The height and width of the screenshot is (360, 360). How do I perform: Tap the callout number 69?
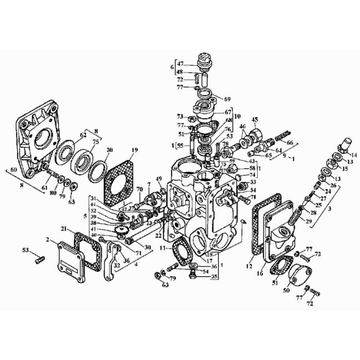tap(228, 98)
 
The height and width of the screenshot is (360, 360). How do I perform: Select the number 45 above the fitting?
tap(254, 120)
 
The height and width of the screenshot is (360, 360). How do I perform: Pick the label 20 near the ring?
tap(109, 150)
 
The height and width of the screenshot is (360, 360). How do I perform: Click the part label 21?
tap(63, 229)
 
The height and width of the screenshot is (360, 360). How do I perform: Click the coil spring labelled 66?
tap(284, 138)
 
